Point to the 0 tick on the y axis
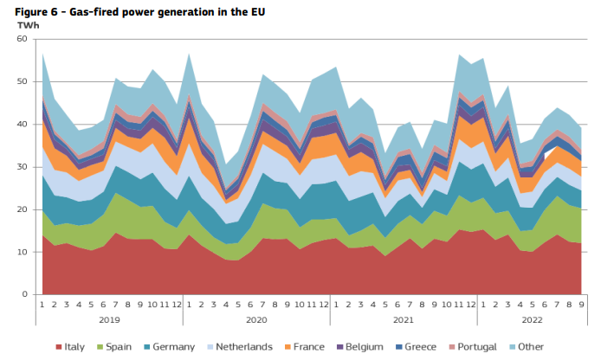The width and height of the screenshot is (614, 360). click(x=27, y=294)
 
